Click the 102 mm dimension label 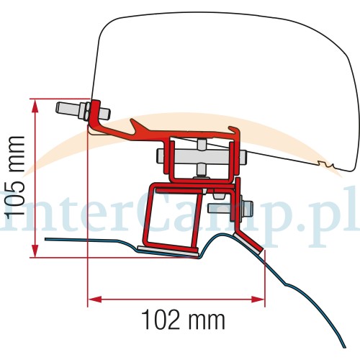pyautogui.click(x=183, y=320)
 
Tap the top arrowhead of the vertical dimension pyautogui.click(x=35, y=107)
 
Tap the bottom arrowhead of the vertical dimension pyautogui.click(x=35, y=251)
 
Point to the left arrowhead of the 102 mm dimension pyautogui.click(x=95, y=300)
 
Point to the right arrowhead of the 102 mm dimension pyautogui.click(x=258, y=300)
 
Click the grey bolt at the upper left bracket pyautogui.click(x=83, y=112)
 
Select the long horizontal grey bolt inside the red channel pyautogui.click(x=201, y=157)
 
